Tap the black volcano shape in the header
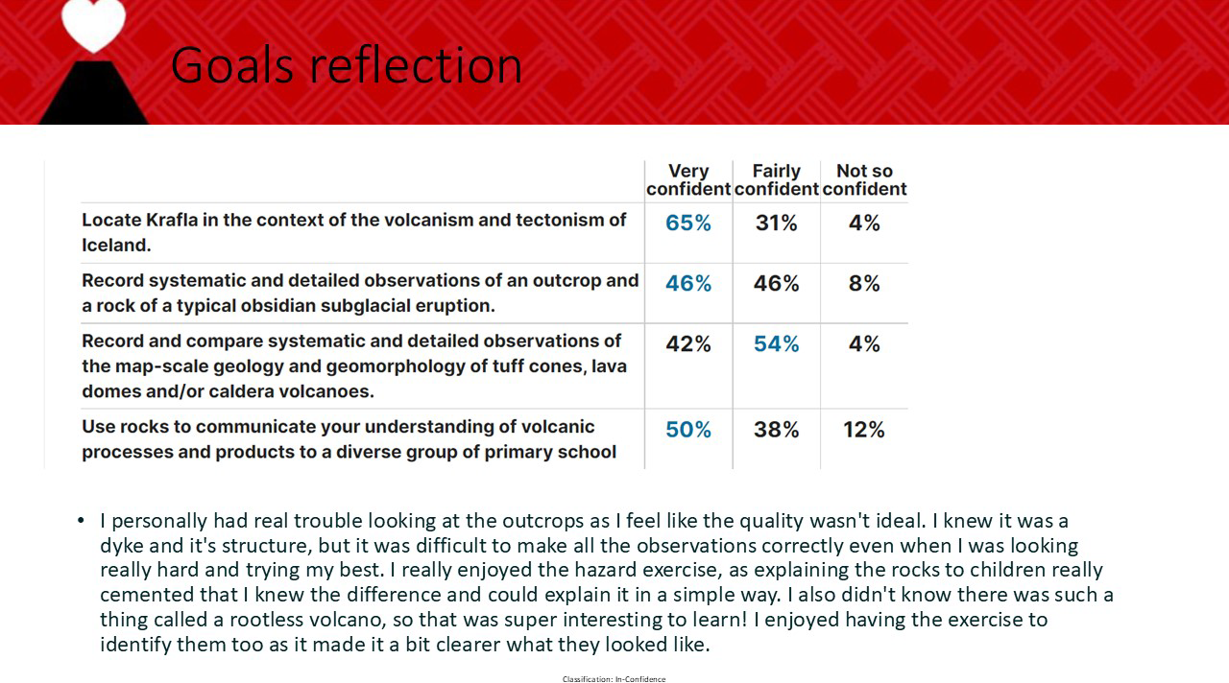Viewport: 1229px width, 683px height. coord(93,93)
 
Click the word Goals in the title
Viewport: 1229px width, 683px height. coord(232,66)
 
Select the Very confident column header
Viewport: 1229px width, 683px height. coord(688,179)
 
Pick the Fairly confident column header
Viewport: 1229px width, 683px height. coord(777,179)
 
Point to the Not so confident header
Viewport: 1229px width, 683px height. coord(864,179)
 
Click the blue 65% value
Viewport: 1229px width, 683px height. coord(688,224)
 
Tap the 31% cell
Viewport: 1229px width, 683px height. coord(776,224)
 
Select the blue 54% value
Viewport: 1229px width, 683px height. coord(777,343)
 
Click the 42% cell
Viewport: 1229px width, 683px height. coord(688,343)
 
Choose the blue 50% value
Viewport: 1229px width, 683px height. coord(688,430)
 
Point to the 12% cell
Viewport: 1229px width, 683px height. coord(863,430)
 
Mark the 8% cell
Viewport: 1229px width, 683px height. coord(864,283)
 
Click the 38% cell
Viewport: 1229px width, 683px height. coord(777,430)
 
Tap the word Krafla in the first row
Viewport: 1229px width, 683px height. coord(172,220)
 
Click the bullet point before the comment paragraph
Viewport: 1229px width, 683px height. coord(82,520)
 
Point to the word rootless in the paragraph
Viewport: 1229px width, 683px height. coord(267,620)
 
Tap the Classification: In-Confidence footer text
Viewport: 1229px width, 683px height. coord(614,679)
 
